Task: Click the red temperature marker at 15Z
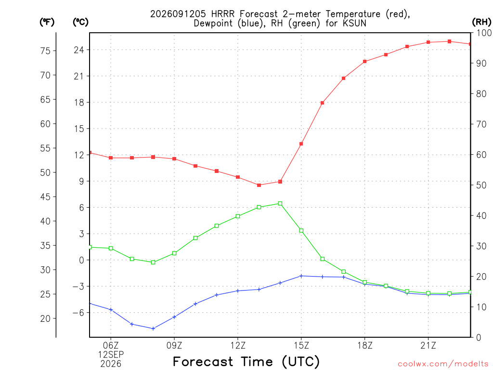click(301, 144)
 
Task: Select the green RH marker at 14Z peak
click(280, 204)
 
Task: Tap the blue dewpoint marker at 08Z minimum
click(153, 329)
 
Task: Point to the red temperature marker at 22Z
click(449, 41)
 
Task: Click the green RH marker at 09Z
click(174, 253)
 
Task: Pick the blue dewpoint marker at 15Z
click(301, 276)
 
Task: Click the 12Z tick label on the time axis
click(238, 345)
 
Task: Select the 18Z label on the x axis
click(365, 345)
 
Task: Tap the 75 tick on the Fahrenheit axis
click(45, 51)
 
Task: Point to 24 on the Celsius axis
click(79, 50)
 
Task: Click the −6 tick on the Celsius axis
click(78, 312)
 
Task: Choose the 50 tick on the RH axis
click(481, 185)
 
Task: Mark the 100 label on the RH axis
click(484, 33)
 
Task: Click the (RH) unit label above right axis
click(481, 22)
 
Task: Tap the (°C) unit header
click(80, 22)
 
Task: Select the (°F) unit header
click(47, 22)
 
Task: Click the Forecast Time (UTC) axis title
click(246, 362)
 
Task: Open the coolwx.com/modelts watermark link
click(443, 364)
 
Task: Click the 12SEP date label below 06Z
click(111, 355)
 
